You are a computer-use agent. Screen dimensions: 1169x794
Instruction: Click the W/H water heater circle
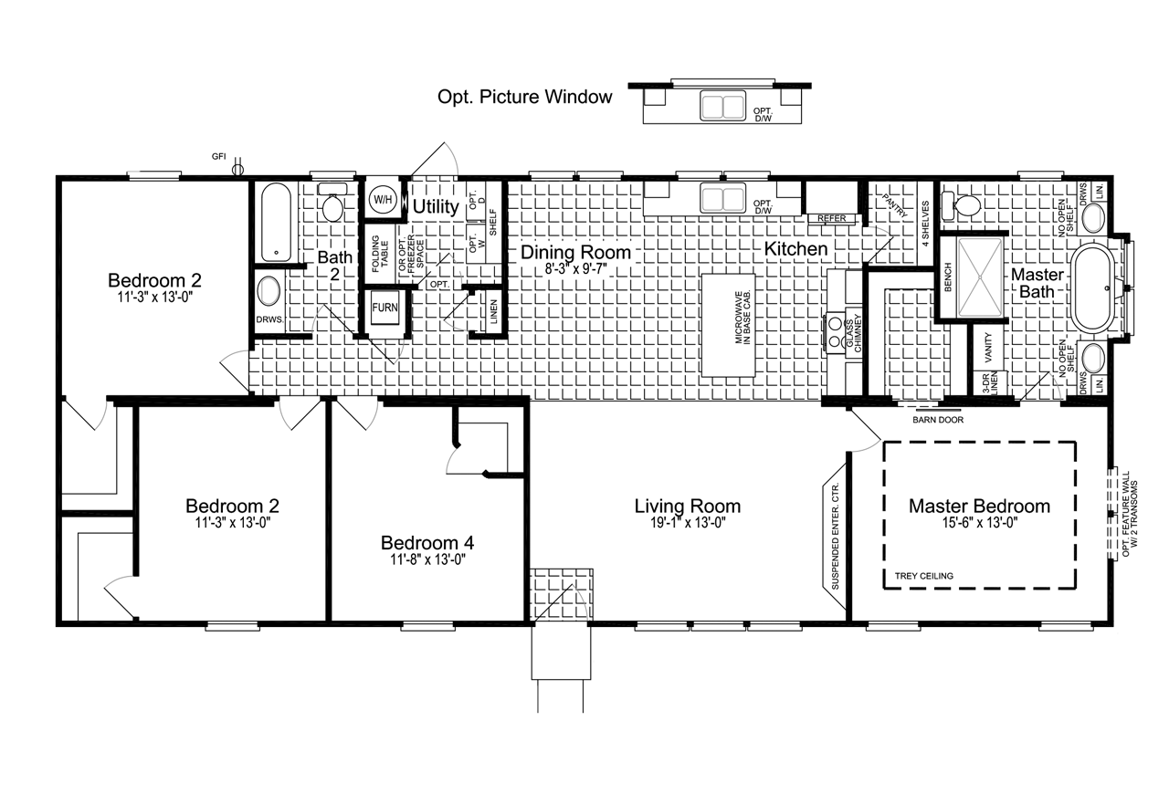tap(383, 200)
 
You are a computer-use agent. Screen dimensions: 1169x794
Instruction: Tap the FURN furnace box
tap(384, 308)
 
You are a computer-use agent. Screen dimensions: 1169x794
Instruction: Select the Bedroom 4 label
tap(427, 542)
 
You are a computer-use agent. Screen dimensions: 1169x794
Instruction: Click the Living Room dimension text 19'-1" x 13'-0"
tap(688, 522)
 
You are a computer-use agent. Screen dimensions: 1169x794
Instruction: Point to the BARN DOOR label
tap(938, 420)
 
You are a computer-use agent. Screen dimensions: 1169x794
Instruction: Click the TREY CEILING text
tap(923, 576)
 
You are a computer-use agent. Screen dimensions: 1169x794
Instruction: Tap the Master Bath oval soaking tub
tap(1093, 287)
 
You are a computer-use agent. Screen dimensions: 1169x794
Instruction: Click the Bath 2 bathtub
tap(276, 223)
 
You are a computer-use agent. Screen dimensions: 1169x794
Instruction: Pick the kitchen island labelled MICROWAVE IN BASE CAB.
tap(729, 325)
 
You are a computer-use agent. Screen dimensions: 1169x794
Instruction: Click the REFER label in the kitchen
tap(832, 219)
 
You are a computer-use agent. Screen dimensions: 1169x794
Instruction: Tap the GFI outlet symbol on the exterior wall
tap(237, 168)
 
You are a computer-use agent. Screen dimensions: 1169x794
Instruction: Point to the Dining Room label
tap(575, 252)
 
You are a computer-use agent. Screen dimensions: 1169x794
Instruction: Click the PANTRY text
tap(894, 205)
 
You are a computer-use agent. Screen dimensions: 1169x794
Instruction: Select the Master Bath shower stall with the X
tap(981, 277)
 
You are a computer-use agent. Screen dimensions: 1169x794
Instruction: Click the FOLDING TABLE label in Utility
tap(380, 254)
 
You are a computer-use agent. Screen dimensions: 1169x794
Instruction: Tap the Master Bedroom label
tap(980, 506)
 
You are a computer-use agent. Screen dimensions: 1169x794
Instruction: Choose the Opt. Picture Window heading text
tap(524, 97)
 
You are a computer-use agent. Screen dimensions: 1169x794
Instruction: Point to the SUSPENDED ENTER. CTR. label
tap(835, 536)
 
